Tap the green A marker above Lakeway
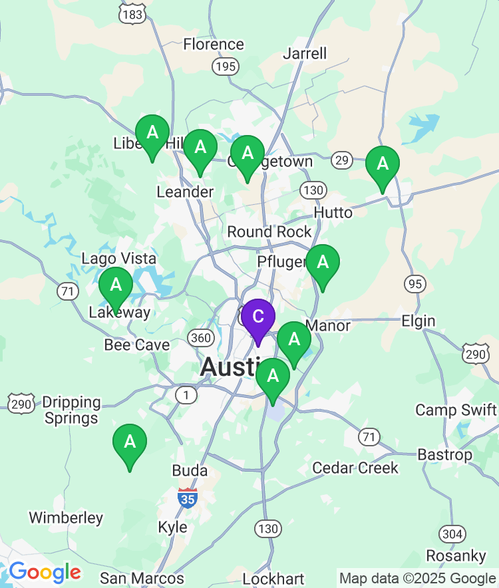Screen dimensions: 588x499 pyautogui.click(x=116, y=287)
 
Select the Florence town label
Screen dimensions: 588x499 pyautogui.click(x=214, y=45)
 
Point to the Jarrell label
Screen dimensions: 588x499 pyautogui.click(x=305, y=53)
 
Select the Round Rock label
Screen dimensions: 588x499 pyautogui.click(x=269, y=231)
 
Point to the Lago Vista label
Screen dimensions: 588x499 pyautogui.click(x=119, y=258)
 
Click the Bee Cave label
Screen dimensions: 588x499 pyautogui.click(x=137, y=345)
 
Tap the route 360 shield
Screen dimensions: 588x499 pyautogui.click(x=200, y=338)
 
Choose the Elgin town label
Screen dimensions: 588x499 pyautogui.click(x=418, y=321)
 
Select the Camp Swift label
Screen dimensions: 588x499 pyautogui.click(x=456, y=410)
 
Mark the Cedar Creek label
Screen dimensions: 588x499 pyautogui.click(x=355, y=468)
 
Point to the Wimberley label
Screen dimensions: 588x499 pyautogui.click(x=66, y=517)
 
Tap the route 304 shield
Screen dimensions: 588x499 pyautogui.click(x=452, y=533)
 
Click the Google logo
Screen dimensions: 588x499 pyautogui.click(x=45, y=572)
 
